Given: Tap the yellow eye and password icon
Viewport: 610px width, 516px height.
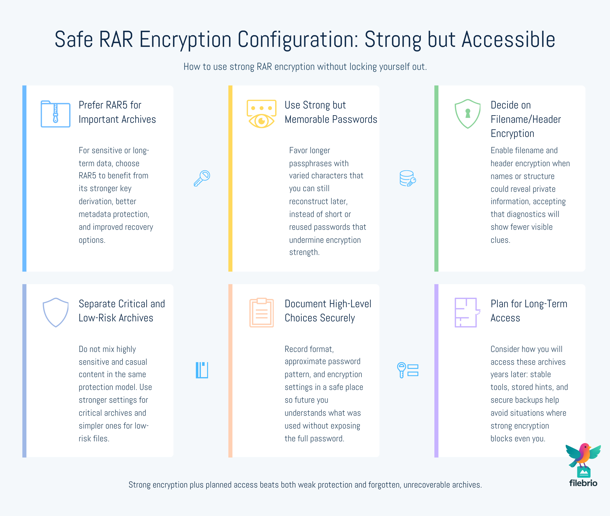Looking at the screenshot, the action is pos(261,114).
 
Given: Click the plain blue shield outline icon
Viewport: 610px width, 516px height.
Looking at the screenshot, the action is pos(56,312).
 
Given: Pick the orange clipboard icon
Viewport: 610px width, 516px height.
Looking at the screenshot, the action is pos(261,312).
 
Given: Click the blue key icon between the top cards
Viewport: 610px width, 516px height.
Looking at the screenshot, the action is pos(202,178).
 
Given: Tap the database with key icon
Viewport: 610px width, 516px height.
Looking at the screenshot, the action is pos(408,178).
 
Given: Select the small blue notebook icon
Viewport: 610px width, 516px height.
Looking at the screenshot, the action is pos(202,370).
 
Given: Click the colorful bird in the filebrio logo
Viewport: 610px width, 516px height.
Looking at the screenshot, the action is pos(583,455).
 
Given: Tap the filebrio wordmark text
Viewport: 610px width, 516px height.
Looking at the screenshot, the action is pos(583,483).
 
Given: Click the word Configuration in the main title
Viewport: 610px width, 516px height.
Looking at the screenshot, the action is pos(298,39).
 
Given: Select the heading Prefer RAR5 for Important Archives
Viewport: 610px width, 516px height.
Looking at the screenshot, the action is pos(117,112).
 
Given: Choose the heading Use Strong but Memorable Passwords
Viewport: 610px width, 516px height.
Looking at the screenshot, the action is pos(331,112).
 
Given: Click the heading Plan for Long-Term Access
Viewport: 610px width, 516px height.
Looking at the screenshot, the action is pos(529,311).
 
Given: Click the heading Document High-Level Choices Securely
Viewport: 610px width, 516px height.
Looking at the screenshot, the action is pos(328,311).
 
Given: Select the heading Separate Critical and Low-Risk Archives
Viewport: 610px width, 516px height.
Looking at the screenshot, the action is pos(122,311).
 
